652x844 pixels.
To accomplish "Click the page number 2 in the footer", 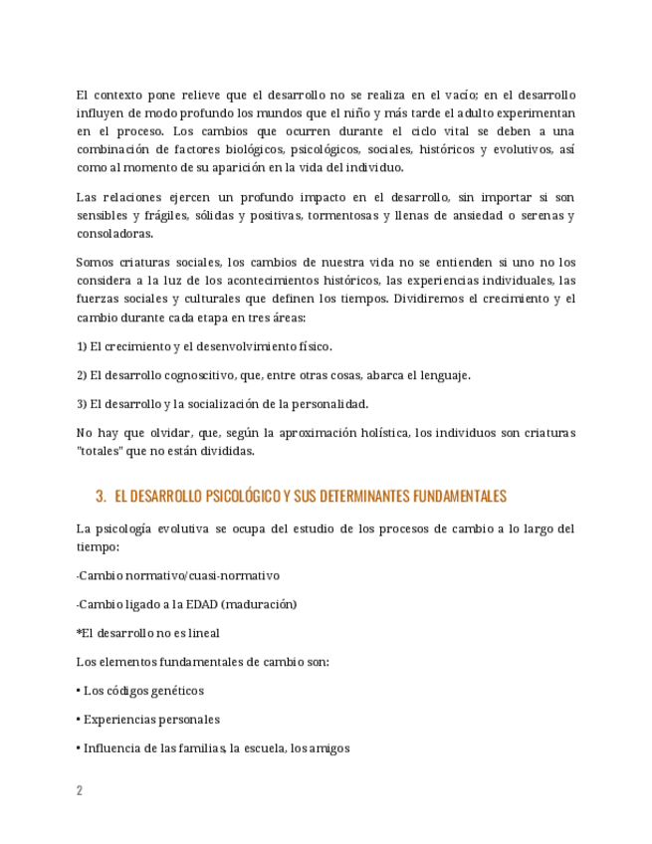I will click(x=80, y=790).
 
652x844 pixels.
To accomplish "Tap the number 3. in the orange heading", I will click(x=101, y=497).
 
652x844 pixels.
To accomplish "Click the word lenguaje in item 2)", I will click(x=444, y=376).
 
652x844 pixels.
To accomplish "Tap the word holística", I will click(x=377, y=433).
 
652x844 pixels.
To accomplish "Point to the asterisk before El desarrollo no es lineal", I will click(x=79, y=633).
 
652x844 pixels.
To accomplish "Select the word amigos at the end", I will click(x=329, y=748).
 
